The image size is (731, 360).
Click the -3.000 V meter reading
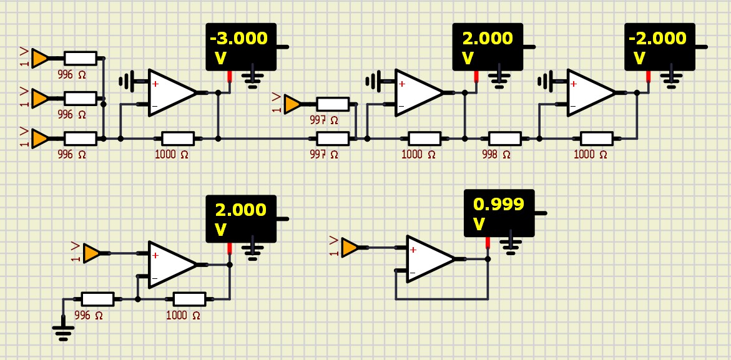[x=239, y=39]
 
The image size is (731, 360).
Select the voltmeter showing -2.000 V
[x=659, y=47]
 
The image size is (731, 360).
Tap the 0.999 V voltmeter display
[x=499, y=213]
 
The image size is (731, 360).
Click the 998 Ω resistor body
[x=504, y=138]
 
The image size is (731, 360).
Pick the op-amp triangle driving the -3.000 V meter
[x=172, y=92]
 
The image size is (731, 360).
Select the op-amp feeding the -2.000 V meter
[x=590, y=92]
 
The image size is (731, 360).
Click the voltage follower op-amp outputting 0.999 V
[x=430, y=258]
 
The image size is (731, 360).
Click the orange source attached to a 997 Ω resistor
[x=292, y=104]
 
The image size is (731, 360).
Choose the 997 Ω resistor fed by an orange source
[x=333, y=104]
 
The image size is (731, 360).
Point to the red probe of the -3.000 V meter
[x=230, y=77]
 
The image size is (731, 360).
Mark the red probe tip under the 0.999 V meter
[x=488, y=243]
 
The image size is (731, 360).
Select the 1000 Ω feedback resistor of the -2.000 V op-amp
[x=597, y=138]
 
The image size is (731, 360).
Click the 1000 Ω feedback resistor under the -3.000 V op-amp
[x=178, y=138]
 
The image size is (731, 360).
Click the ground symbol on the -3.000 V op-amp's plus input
[x=127, y=81]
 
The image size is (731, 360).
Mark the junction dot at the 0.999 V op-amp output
[x=488, y=258]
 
